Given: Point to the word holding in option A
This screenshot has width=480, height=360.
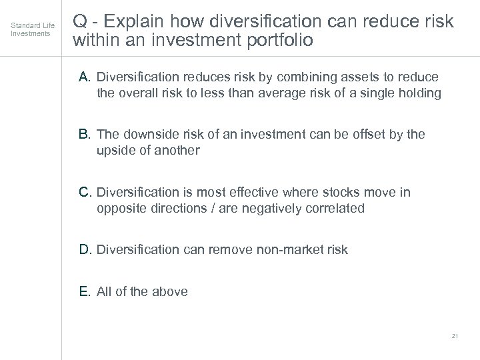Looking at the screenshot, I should (419, 93).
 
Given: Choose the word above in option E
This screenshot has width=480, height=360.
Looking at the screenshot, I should (171, 291).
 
